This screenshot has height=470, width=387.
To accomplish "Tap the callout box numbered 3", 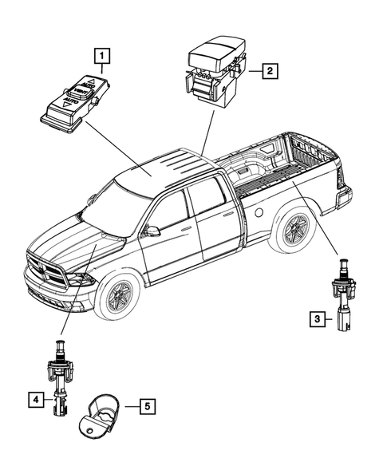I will [x=316, y=320].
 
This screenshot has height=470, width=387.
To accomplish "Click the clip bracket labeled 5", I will [x=102, y=411].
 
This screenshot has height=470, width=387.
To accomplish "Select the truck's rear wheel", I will [x=295, y=230].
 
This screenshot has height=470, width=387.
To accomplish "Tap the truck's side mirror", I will [x=150, y=231].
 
